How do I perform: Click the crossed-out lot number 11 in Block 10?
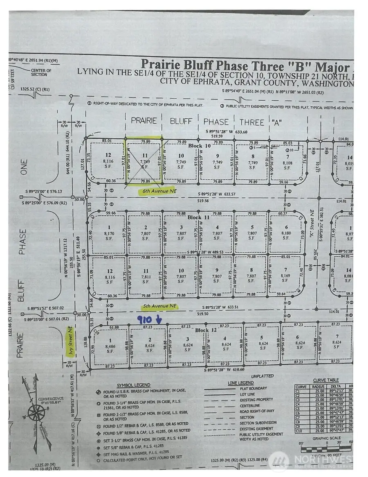(x=144, y=156)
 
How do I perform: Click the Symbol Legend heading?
(x=133, y=385)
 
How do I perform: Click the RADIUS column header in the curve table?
(x=318, y=386)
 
